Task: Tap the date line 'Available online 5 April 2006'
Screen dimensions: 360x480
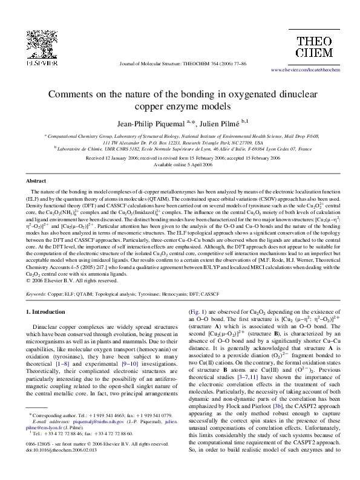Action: coord(180,164)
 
